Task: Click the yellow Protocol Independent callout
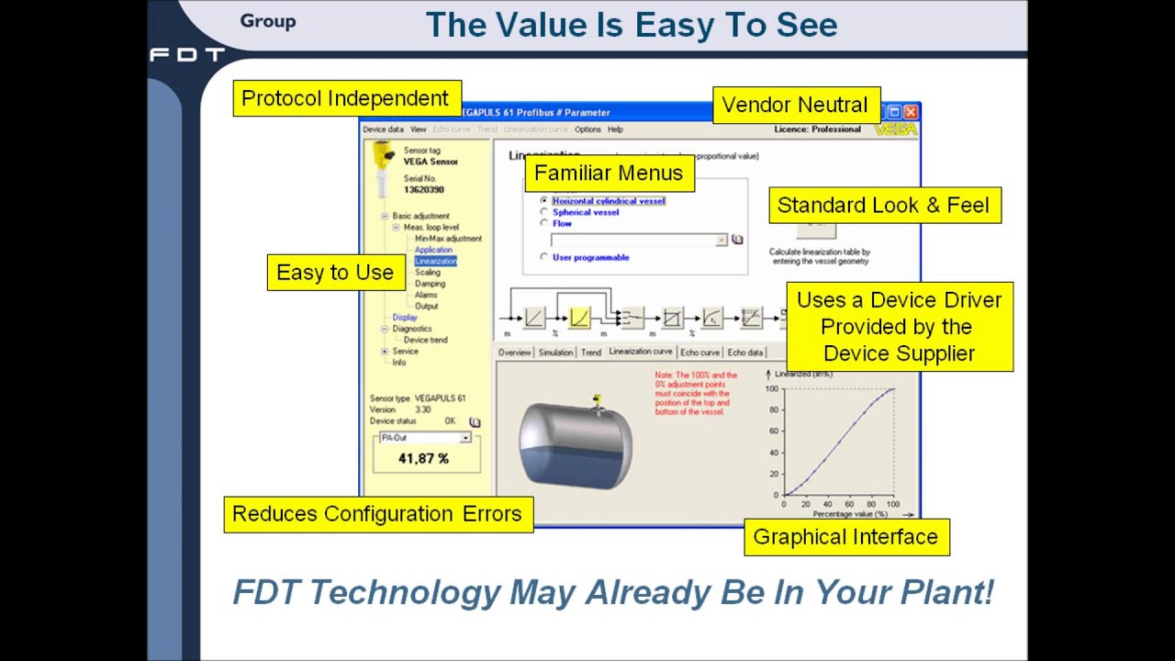point(345,98)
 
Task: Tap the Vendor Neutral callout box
point(795,105)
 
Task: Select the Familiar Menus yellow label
point(609,173)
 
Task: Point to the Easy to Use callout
point(335,273)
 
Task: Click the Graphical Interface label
point(845,537)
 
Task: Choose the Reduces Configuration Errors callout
point(377,514)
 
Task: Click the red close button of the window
point(911,112)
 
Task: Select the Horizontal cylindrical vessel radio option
point(544,200)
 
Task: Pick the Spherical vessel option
point(544,212)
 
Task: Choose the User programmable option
point(544,257)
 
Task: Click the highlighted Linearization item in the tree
point(435,261)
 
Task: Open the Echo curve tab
point(699,353)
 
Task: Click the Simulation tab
point(555,353)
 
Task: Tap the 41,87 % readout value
point(423,458)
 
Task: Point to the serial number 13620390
point(424,190)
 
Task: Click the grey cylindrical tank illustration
point(576,445)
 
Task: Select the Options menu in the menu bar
point(587,129)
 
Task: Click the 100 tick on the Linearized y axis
point(772,389)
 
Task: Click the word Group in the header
point(268,21)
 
